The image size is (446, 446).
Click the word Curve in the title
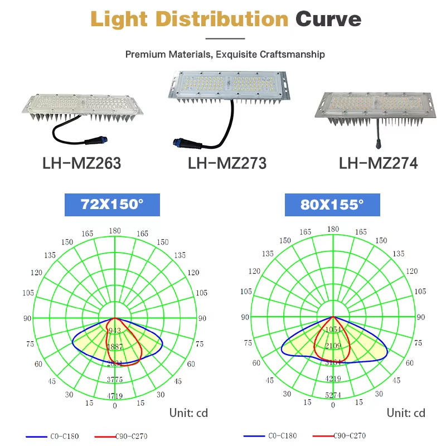(x=328, y=20)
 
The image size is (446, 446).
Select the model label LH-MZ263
(x=81, y=163)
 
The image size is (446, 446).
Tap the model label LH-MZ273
(x=227, y=163)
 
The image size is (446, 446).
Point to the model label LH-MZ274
(x=379, y=163)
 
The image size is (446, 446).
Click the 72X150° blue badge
(x=112, y=205)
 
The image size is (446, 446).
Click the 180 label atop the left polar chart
(x=115, y=231)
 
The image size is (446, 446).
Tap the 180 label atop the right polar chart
(x=333, y=229)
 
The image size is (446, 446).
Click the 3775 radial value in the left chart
(x=115, y=380)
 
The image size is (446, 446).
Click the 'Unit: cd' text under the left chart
(x=188, y=413)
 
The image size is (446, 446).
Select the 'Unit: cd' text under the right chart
(x=406, y=413)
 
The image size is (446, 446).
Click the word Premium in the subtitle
(x=143, y=55)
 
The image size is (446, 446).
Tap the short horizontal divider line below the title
(x=225, y=38)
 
